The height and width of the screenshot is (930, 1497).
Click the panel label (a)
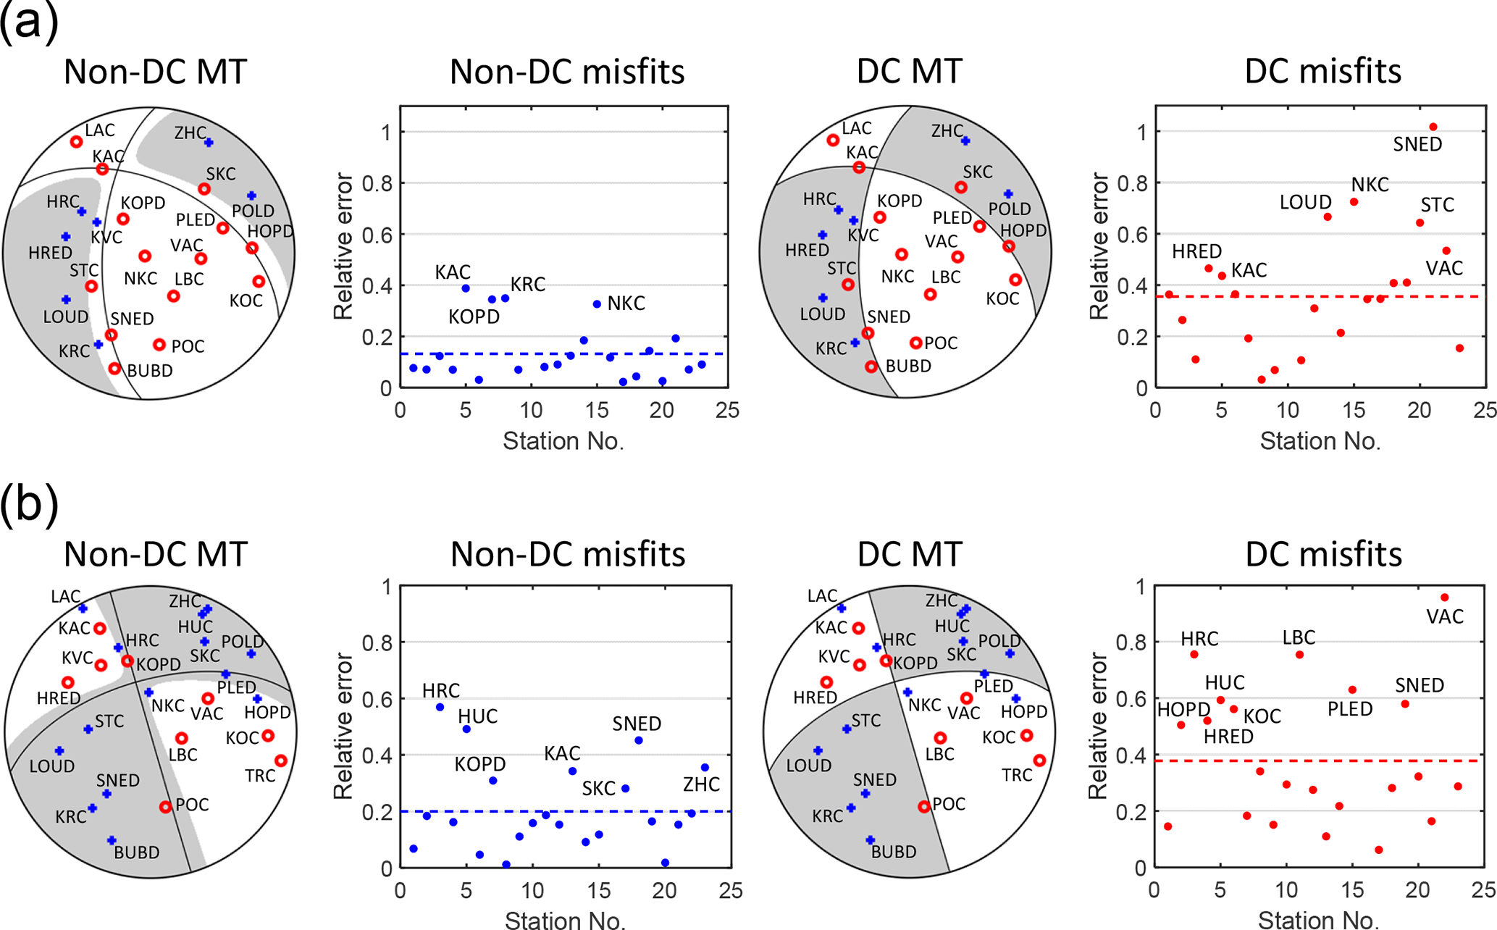tap(29, 22)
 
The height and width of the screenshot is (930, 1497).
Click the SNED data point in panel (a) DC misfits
tap(1433, 127)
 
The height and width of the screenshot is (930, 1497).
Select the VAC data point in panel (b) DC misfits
tap(1444, 598)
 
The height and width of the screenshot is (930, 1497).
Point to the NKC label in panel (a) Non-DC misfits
tap(626, 303)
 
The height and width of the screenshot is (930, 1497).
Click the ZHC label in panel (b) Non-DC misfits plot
tap(701, 784)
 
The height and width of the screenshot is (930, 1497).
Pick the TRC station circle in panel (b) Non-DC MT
tap(281, 761)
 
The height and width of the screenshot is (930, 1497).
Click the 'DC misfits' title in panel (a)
tap(1322, 72)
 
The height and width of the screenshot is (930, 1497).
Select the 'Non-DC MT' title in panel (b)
tap(156, 554)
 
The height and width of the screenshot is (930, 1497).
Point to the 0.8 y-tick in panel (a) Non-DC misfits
tap(377, 184)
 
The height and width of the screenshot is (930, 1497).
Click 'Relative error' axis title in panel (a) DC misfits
tap(1099, 246)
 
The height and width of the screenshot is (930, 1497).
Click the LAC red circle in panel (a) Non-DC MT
tap(76, 142)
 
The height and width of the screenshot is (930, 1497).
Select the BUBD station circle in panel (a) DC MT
tap(871, 367)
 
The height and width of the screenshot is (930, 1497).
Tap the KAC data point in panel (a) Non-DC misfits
tap(466, 288)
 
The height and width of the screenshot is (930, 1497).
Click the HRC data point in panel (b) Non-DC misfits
tap(440, 707)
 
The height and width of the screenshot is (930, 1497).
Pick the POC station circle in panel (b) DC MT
tap(923, 806)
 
